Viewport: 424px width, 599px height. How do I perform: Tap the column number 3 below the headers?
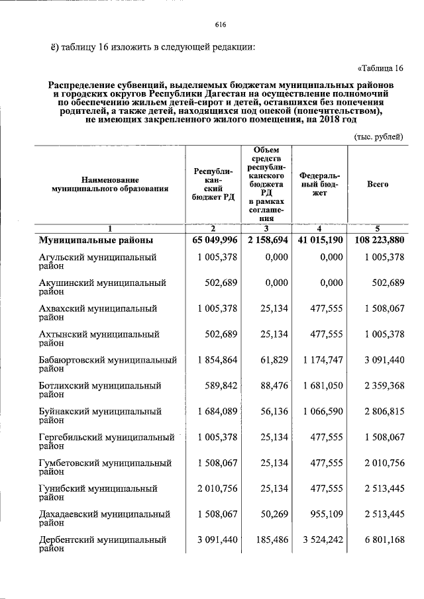[266, 229]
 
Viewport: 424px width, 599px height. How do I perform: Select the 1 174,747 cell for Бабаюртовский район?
[322, 359]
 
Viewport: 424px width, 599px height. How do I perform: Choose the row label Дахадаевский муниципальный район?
[104, 518]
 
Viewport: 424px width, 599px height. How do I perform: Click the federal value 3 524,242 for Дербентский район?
[322, 540]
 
